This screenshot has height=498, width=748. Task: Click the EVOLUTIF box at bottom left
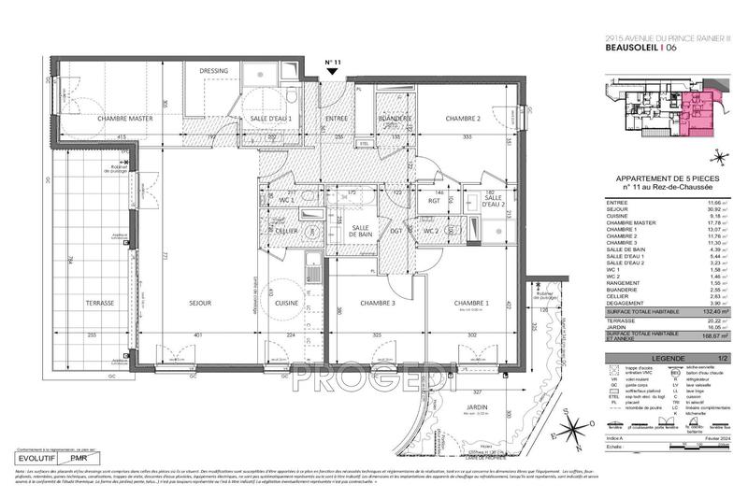click(35, 459)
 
